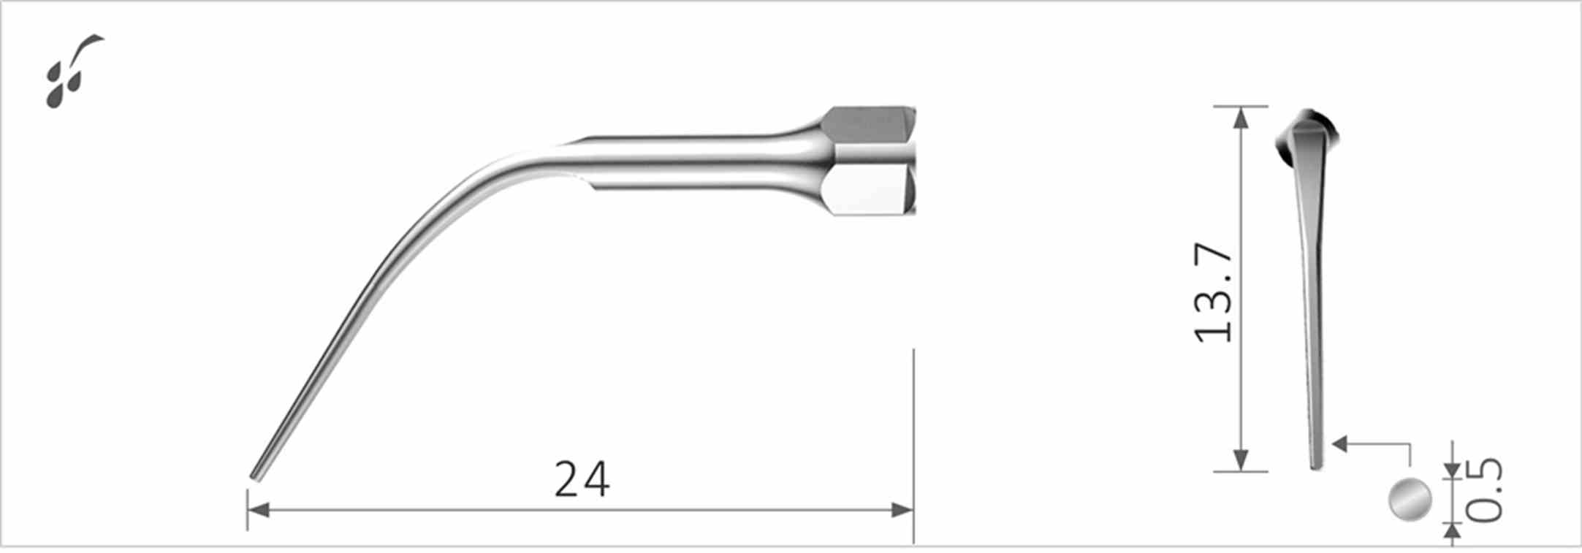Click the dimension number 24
pyautogui.click(x=582, y=480)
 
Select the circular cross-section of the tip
pyautogui.click(x=1410, y=500)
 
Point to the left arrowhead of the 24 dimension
pyautogui.click(x=258, y=510)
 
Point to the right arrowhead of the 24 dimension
pyautogui.click(x=903, y=510)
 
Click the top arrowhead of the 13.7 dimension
pyautogui.click(x=1240, y=117)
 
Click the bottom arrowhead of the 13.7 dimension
pyautogui.click(x=1240, y=460)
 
